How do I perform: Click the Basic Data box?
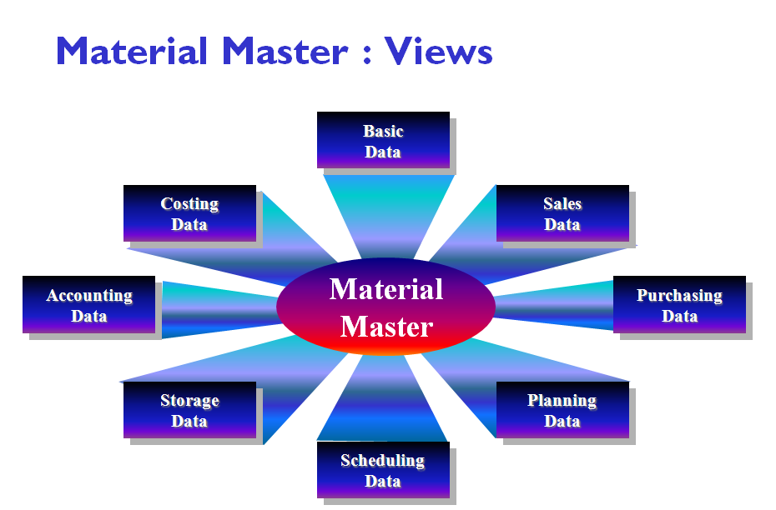[383, 140]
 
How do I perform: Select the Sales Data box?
[562, 213]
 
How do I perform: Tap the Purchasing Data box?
[679, 305]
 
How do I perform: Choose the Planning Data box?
[562, 410]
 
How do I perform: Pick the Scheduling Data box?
[383, 470]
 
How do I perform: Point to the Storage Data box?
[189, 410]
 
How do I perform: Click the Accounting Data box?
[88, 305]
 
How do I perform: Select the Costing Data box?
[189, 213]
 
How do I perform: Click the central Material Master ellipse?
[385, 307]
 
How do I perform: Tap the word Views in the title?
[438, 52]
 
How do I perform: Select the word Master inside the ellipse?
[386, 326]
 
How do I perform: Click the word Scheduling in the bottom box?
[382, 460]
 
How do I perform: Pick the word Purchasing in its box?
[679, 296]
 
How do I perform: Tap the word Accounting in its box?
[89, 296]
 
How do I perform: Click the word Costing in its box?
[189, 204]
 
